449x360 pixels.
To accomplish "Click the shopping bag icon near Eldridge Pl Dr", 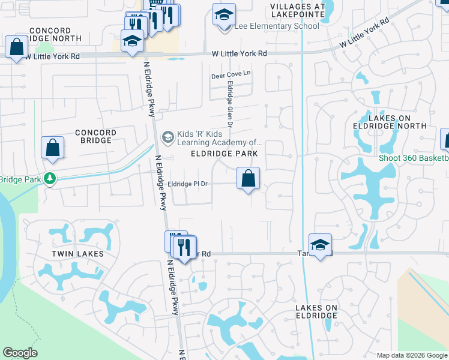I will click(x=248, y=178).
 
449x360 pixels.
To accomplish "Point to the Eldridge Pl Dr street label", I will click(x=187, y=184).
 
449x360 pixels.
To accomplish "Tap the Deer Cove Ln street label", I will click(x=230, y=76).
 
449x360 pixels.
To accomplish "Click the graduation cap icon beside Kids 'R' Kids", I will click(x=167, y=138).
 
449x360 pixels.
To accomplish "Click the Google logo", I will click(x=20, y=353).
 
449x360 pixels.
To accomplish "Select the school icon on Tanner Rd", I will click(x=321, y=245).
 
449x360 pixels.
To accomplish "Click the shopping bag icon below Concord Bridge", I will click(x=53, y=148).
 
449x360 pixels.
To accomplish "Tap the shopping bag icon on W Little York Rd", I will click(x=17, y=47).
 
